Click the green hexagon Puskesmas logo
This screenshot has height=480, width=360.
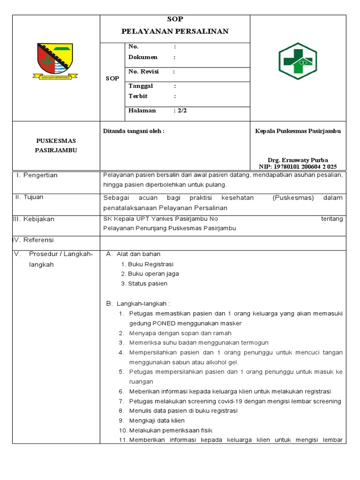coord(298,61)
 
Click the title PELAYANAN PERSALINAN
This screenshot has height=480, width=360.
coord(175,31)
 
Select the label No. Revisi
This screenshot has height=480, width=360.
coord(143,72)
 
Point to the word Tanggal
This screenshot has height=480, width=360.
coord(141,86)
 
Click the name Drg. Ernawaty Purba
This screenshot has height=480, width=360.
coord(298,160)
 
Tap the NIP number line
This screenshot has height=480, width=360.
coord(298,166)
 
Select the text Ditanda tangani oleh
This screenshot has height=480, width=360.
coord(134,131)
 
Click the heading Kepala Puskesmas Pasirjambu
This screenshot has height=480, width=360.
coord(298,131)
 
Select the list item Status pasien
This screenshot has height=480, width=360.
coord(147,284)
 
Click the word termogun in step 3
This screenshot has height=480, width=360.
coord(253,343)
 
